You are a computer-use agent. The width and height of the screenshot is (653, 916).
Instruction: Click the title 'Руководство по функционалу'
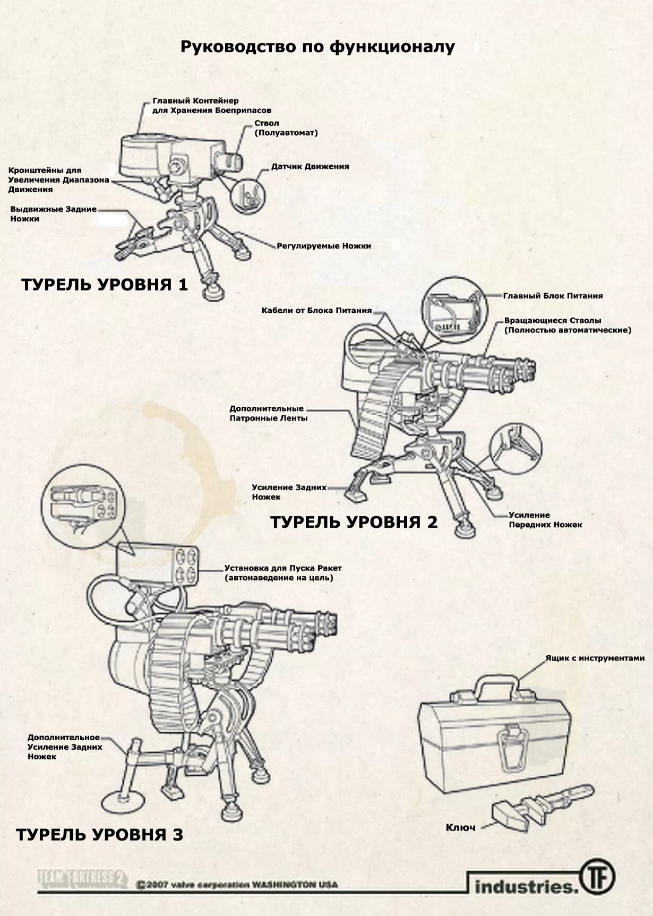317,47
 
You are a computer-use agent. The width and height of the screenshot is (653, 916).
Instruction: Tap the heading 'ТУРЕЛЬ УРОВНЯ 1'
105,285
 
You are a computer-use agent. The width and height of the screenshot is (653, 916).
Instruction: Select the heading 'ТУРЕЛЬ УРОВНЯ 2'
354,522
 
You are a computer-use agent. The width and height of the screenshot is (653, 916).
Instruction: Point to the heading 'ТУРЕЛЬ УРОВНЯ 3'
99,834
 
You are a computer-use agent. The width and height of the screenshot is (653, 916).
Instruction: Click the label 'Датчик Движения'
310,166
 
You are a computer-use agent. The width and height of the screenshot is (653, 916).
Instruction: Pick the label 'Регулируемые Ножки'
324,246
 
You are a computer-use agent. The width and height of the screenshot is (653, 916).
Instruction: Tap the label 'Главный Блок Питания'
553,296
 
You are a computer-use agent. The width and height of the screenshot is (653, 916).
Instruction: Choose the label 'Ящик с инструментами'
595,658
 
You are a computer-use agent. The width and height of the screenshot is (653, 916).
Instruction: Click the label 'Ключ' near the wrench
460,827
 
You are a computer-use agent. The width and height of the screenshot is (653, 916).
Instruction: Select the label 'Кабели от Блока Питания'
316,310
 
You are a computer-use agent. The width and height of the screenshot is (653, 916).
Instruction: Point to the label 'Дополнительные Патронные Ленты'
268,413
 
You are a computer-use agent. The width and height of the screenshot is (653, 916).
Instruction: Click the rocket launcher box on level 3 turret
158,564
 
